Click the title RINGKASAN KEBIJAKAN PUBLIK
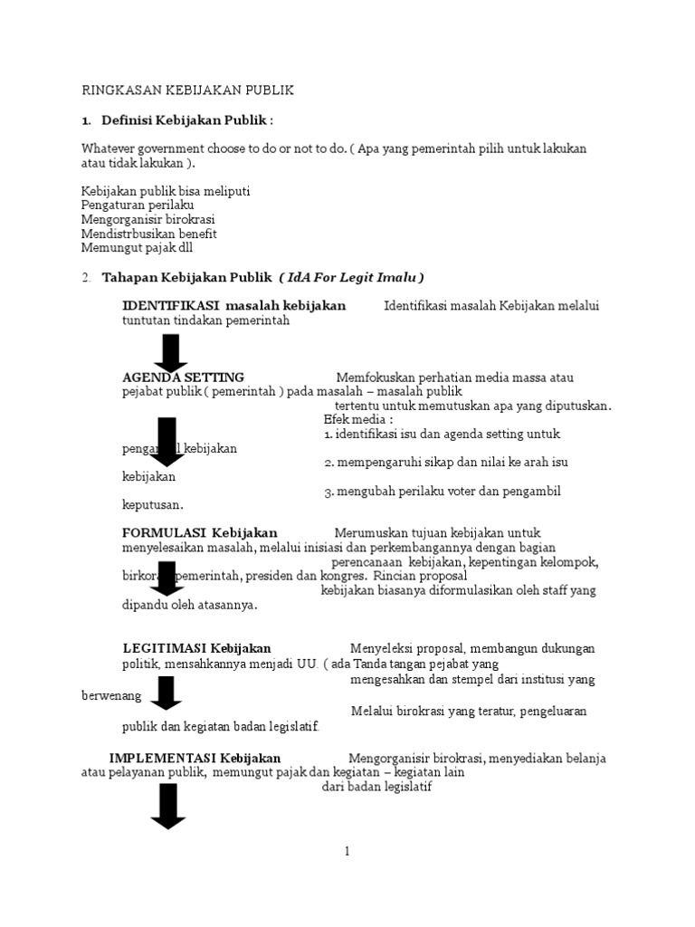(x=187, y=91)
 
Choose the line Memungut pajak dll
(x=137, y=247)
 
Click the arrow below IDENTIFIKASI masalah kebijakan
(x=170, y=352)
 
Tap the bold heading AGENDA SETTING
(x=183, y=377)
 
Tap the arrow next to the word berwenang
(x=167, y=693)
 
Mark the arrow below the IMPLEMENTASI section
(x=167, y=806)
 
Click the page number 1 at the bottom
(x=347, y=851)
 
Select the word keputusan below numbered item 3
(x=153, y=505)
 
